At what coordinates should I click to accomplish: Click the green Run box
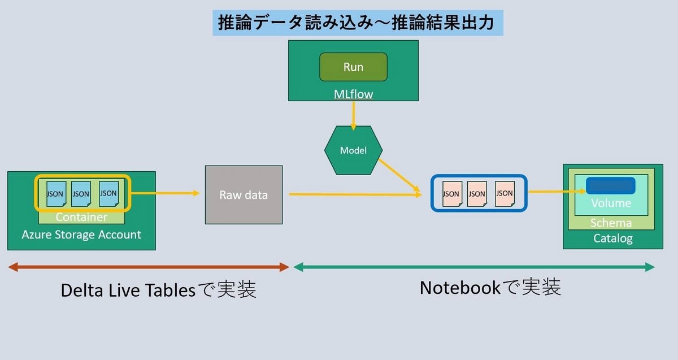(353, 67)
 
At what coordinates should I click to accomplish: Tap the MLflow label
(353, 94)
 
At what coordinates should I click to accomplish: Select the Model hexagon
(353, 150)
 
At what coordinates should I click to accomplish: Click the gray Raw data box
(244, 195)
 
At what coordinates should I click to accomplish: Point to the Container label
(81, 217)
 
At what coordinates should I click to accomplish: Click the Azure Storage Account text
(81, 235)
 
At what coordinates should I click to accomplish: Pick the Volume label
(611, 203)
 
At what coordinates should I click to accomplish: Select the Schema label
(611, 223)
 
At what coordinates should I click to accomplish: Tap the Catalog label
(612, 238)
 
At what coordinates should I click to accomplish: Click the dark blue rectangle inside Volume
(610, 185)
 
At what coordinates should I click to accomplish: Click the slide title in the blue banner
(357, 23)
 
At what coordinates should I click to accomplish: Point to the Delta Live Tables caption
(159, 290)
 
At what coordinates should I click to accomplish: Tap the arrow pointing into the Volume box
(557, 192)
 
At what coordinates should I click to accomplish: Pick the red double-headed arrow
(149, 267)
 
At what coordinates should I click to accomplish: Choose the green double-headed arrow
(473, 267)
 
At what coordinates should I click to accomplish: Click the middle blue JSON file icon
(81, 193)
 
